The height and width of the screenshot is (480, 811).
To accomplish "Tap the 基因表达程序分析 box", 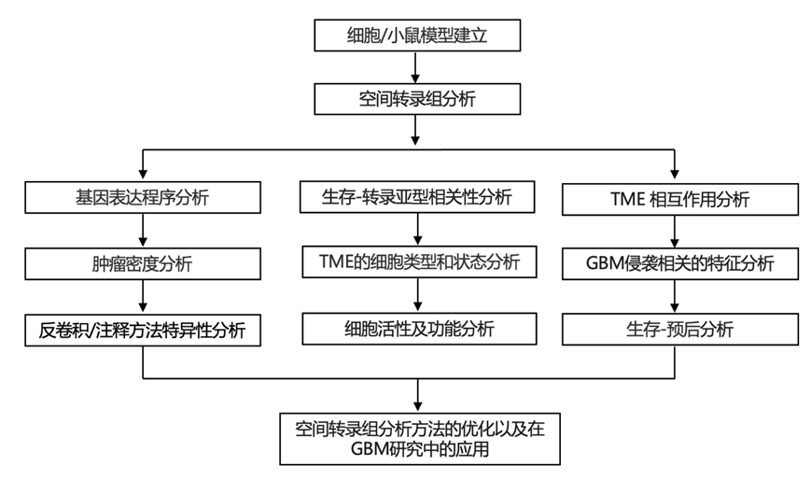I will point(142,199).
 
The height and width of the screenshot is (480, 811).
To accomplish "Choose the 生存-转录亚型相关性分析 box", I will point(419,198).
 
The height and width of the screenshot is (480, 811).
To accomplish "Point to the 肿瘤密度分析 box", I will point(142,264).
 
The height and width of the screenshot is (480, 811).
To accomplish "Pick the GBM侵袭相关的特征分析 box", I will point(680,264).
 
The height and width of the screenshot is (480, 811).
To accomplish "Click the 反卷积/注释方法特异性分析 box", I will point(142,329).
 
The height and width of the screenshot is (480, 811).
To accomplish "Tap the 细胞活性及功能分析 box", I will point(419,329).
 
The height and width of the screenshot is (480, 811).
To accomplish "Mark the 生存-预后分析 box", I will point(680,329).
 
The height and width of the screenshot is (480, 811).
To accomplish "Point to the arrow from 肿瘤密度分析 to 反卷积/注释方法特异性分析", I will point(142,297).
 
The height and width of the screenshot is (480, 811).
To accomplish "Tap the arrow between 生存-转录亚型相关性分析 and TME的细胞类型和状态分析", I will point(419,231).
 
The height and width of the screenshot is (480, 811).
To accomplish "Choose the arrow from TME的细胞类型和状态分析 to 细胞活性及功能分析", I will point(419,296).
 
